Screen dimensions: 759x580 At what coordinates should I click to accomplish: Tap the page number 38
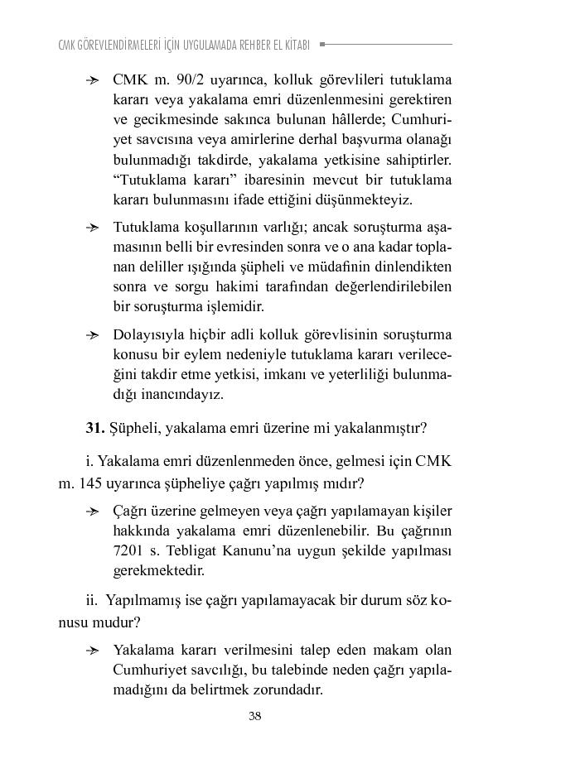(255, 716)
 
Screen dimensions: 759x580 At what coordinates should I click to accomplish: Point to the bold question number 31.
(94, 428)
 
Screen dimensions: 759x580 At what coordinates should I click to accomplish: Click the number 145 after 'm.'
(92, 483)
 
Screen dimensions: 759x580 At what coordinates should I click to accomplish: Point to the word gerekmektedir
(157, 570)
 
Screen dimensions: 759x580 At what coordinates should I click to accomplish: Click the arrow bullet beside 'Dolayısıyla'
(94, 335)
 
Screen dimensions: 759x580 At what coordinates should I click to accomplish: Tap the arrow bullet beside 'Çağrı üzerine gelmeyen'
(94, 511)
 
